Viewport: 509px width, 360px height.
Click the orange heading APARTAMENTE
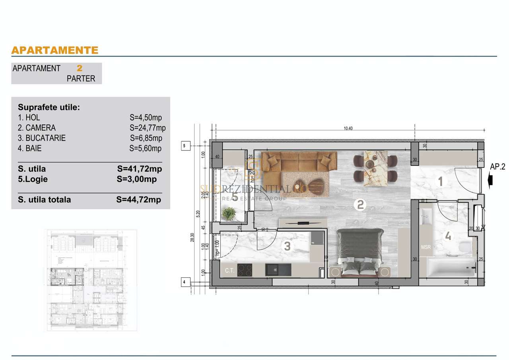pos(55,50)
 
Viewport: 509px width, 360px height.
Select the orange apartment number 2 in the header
pos(80,68)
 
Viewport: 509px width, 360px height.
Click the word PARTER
pos(81,79)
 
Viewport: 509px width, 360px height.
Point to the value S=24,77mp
pos(148,128)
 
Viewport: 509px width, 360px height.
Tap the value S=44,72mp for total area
pos(139,200)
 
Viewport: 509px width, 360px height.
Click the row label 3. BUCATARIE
pos(42,138)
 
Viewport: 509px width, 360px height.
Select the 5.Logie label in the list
pos(33,179)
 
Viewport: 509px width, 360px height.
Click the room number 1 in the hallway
pos(440,182)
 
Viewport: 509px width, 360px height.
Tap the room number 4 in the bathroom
pos(448,236)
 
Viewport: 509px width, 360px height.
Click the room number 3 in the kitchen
pos(287,246)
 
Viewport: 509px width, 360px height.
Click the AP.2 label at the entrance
pos(497,167)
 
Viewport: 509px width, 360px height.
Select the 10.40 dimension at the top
pos(348,128)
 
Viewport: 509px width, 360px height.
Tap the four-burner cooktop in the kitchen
pos(244,270)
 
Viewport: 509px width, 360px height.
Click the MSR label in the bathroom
pos(426,247)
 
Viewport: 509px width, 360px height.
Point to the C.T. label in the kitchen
pos(229,271)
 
